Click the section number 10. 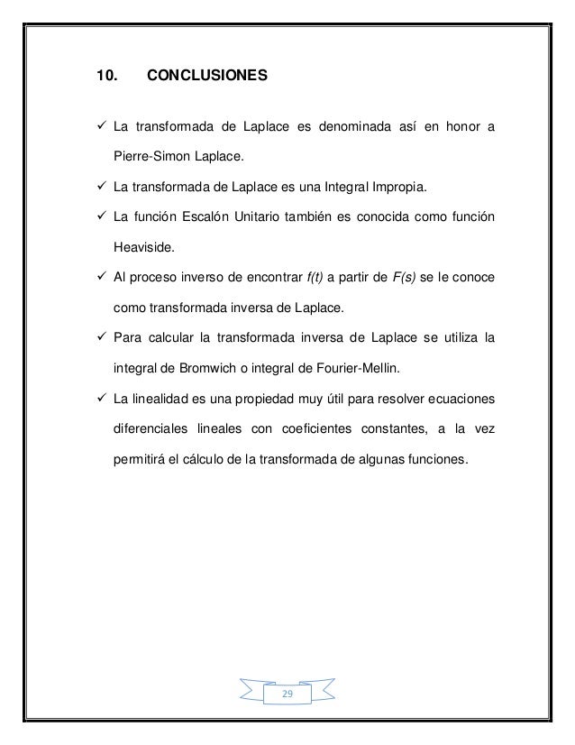(x=106, y=78)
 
